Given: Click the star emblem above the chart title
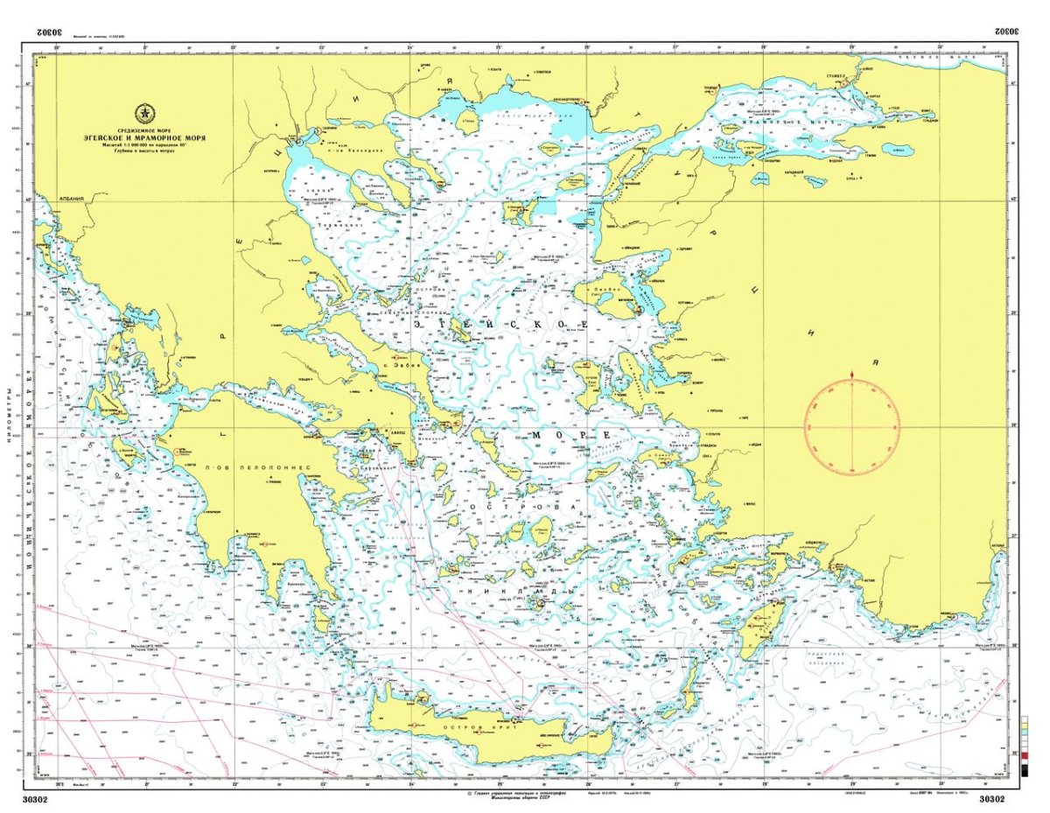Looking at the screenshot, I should pyautogui.click(x=145, y=113).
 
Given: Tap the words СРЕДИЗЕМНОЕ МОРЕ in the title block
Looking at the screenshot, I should pyautogui.click(x=145, y=130).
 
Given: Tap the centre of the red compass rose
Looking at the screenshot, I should pyautogui.click(x=851, y=428).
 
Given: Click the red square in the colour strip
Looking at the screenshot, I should pyautogui.click(x=1025, y=754).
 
